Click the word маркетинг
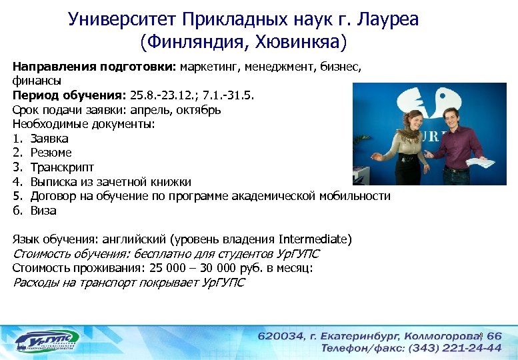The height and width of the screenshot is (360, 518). point(210,67)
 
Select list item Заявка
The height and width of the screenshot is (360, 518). point(49,139)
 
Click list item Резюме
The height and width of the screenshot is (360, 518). point(51,153)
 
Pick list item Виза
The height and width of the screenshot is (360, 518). point(43,211)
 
